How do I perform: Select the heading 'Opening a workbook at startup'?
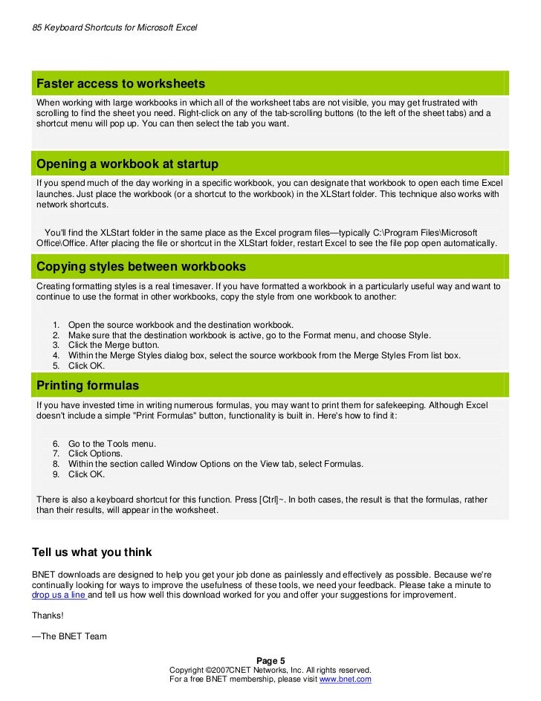[127, 164]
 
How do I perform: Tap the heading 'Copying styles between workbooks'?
[141, 266]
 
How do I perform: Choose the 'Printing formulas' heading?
[88, 386]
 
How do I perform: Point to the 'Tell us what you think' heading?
[92, 552]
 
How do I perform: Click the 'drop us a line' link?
[59, 595]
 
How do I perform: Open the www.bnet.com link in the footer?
[345, 679]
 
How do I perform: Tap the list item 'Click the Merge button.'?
[114, 345]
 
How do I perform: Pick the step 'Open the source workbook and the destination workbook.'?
[181, 325]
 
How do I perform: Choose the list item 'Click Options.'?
[96, 453]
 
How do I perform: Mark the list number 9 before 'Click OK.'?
[56, 474]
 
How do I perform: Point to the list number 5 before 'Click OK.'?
[56, 366]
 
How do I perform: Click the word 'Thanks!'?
[48, 615]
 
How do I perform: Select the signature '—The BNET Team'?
[70, 636]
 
